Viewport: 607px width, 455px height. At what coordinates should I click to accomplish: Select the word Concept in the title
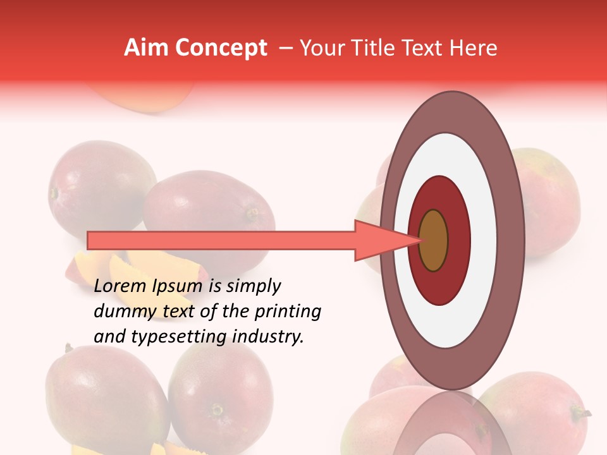[x=221, y=48]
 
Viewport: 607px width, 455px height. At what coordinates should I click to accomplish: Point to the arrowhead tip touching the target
[x=420, y=240]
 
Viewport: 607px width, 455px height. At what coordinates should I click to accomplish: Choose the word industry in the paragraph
[x=267, y=337]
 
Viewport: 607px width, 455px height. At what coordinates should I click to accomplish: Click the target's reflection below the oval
[x=452, y=427]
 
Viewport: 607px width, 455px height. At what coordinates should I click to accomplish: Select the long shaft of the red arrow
[x=221, y=240]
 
